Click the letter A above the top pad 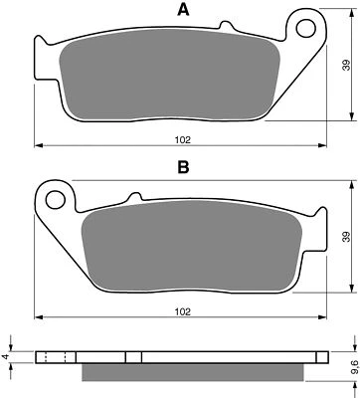point(182,11)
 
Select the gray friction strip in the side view point(186,373)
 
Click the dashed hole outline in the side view point(58,358)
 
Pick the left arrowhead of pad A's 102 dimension point(39,146)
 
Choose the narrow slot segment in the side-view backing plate point(138,358)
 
